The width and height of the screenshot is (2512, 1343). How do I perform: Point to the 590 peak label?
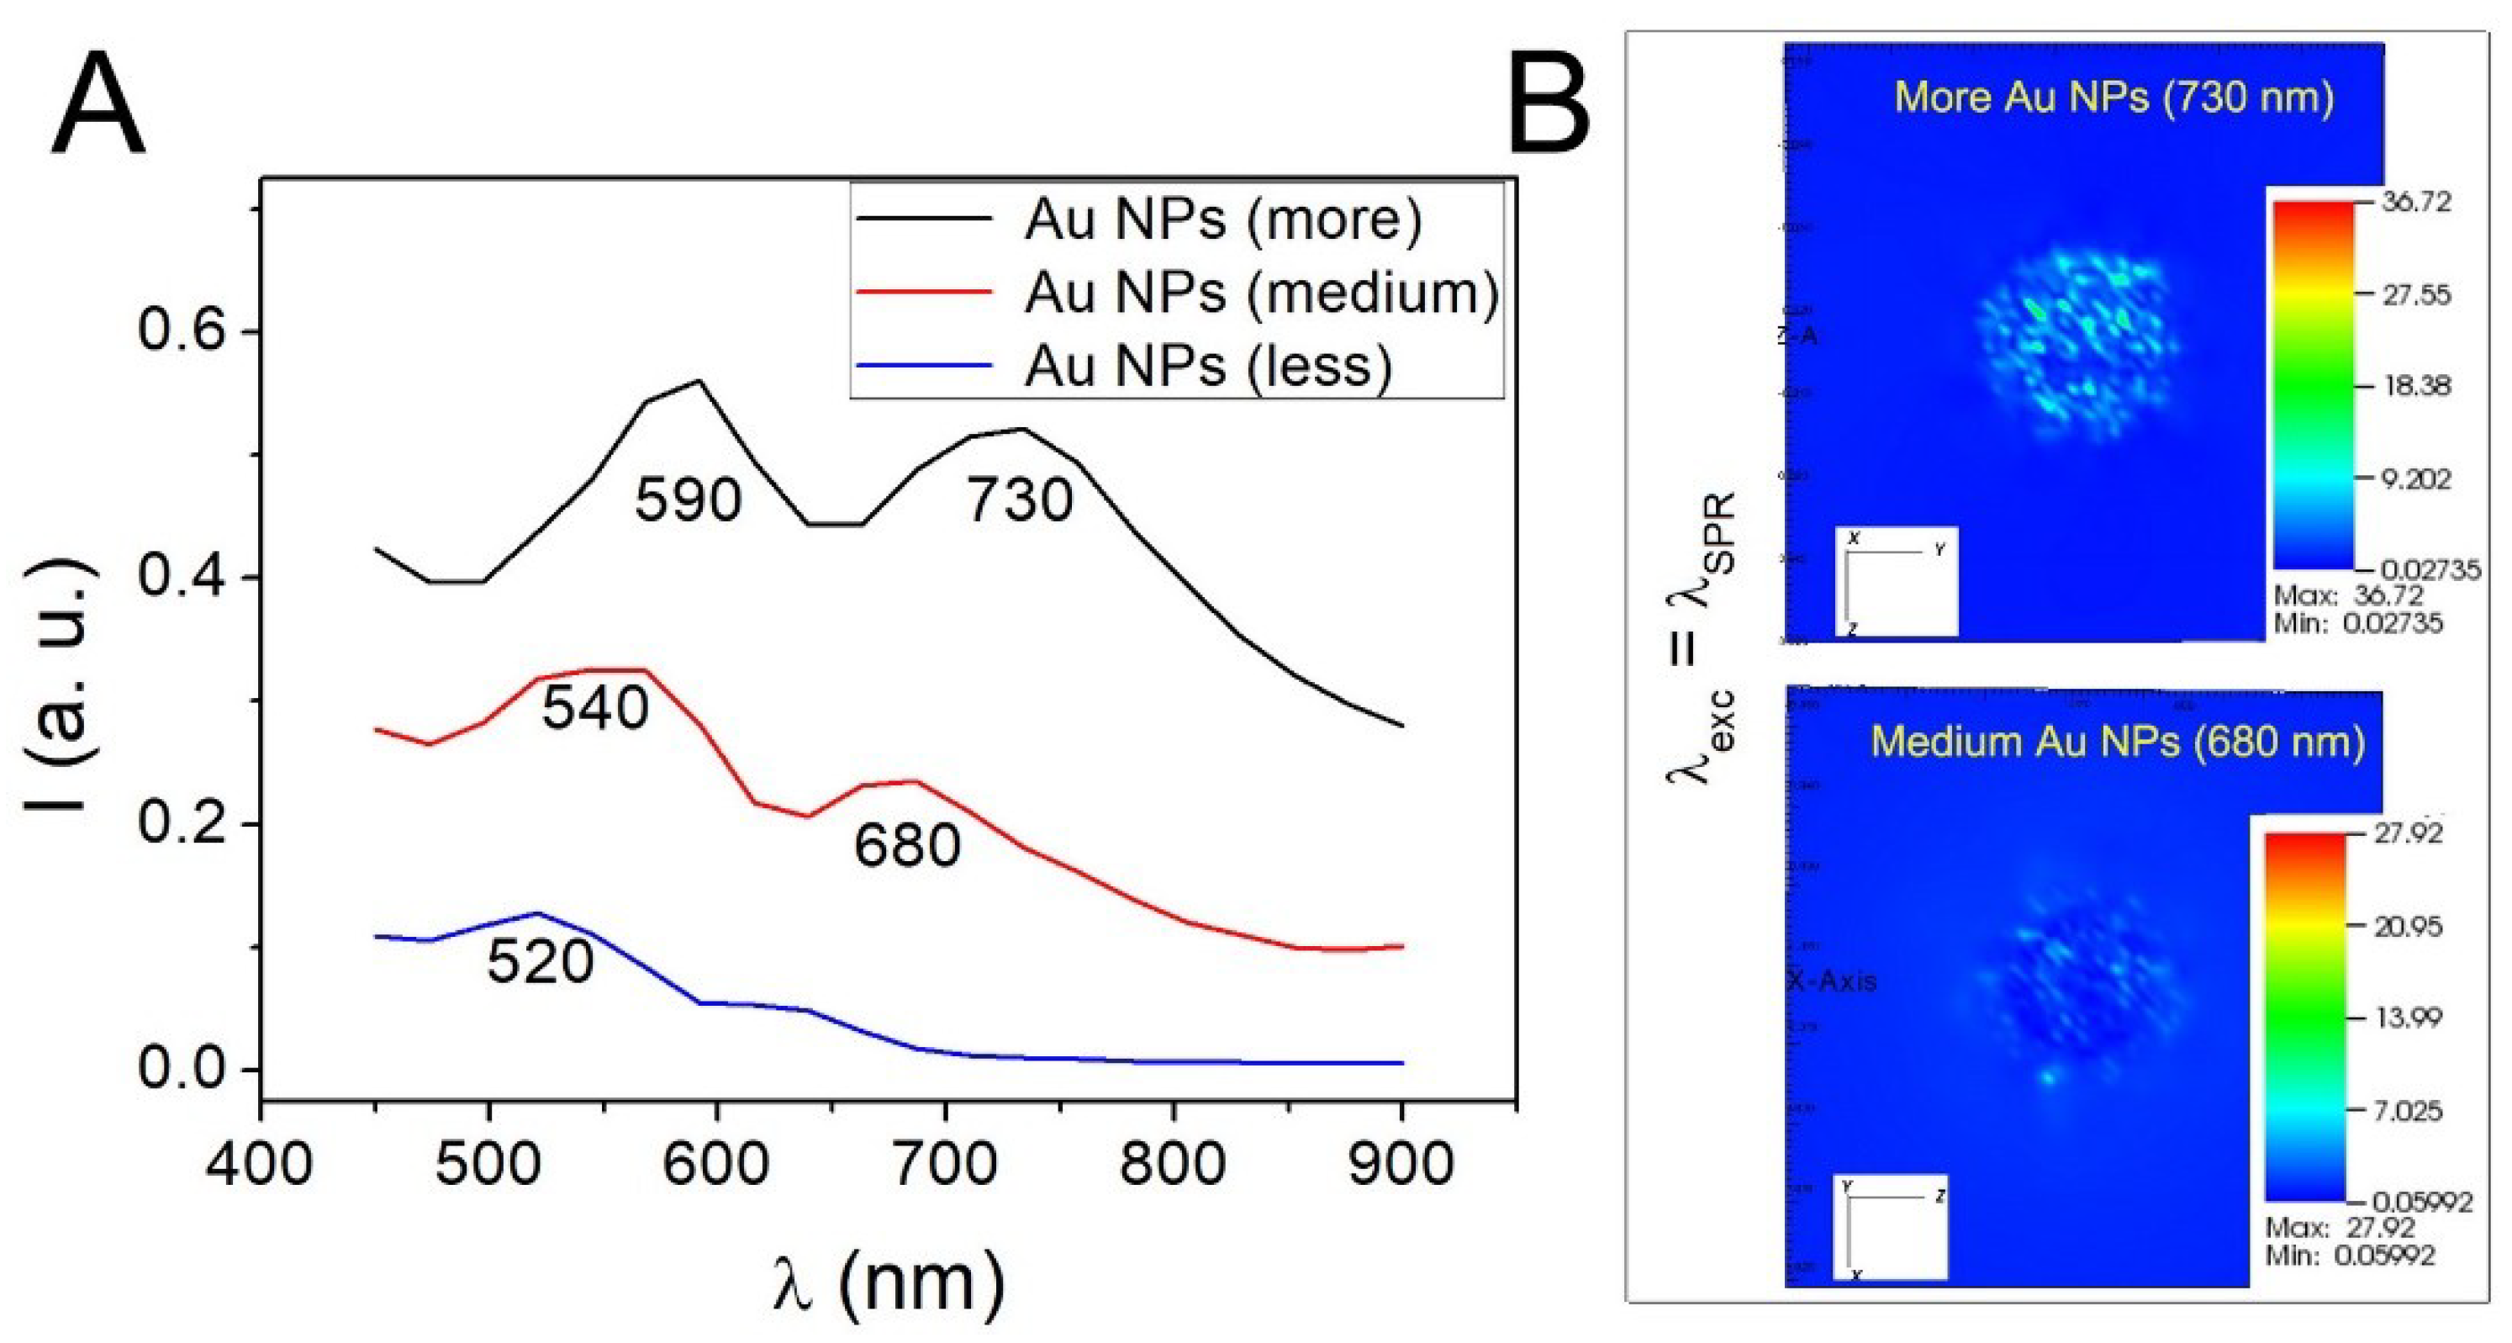689,500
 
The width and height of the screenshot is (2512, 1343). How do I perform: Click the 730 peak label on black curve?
1019,500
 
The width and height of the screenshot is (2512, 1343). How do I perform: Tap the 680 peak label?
907,844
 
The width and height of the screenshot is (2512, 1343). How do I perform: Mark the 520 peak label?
541,962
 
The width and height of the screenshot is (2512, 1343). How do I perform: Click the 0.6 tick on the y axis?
182,330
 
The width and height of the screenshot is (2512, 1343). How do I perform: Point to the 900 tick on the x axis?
1401,1164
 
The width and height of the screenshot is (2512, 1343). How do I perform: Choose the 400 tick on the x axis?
260,1164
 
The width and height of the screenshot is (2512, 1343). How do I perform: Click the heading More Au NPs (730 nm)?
2114,97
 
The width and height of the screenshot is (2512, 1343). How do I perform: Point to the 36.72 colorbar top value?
2415,202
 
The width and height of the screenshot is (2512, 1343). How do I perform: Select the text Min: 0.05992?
2349,1256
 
